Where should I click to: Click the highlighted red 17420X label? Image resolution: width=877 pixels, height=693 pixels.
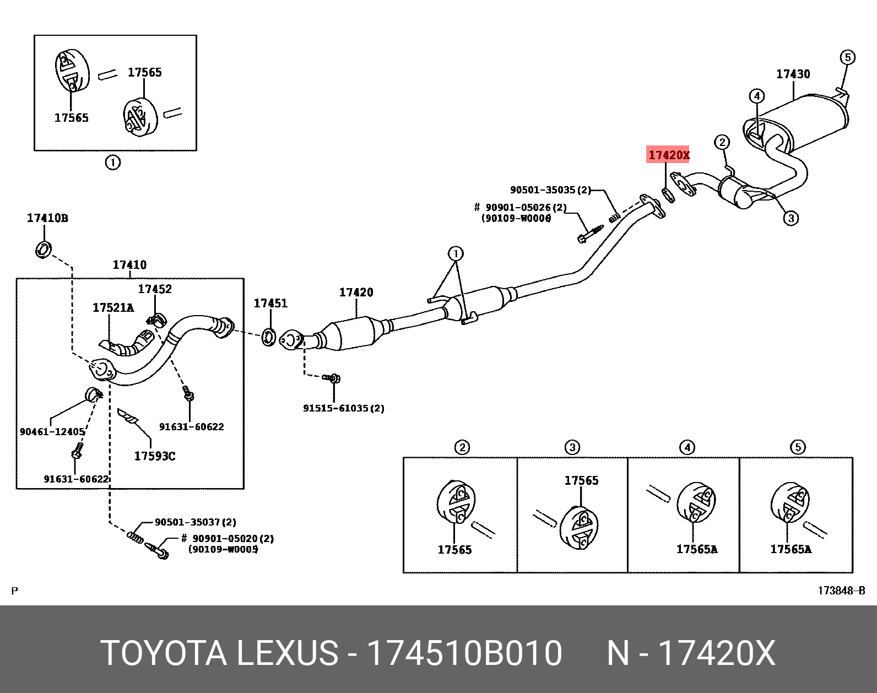pos(669,155)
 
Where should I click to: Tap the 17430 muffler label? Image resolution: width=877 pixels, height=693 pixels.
pos(793,74)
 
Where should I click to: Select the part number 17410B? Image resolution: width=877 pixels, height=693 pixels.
pos(47,218)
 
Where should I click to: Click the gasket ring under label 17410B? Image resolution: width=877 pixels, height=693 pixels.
pos(44,248)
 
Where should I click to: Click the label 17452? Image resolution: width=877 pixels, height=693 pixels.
pos(155,289)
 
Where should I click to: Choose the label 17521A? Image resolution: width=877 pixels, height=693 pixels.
pos(113,307)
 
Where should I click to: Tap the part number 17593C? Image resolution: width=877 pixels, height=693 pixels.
pos(155,456)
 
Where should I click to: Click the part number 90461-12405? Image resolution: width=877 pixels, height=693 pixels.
pos(52,432)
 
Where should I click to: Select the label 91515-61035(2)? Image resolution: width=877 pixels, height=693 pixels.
pos(344,408)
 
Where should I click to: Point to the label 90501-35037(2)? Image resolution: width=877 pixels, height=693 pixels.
pos(195,522)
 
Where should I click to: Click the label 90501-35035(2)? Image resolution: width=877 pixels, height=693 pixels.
pos(550,190)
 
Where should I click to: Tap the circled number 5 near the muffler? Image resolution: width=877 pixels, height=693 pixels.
pos(847,57)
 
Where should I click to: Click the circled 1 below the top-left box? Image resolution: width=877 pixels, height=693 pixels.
pos(112,163)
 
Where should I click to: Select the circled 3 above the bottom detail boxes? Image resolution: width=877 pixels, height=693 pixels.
pos(572,447)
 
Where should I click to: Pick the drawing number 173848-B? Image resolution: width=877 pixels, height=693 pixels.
pos(841,591)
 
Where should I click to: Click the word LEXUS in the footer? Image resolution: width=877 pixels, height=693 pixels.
pos(287,654)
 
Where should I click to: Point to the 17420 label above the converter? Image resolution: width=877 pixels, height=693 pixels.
pos(356,293)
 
